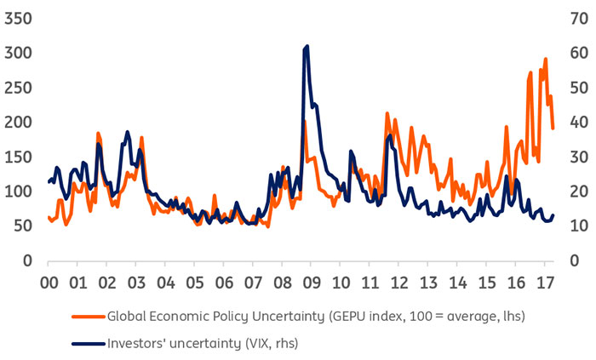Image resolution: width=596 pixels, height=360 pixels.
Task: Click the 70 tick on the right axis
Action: click(x=576, y=18)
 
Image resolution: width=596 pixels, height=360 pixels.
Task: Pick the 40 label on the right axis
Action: click(x=576, y=122)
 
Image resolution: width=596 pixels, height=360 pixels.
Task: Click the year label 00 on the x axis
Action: click(x=49, y=281)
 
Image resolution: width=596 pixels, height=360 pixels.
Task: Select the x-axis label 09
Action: click(x=311, y=281)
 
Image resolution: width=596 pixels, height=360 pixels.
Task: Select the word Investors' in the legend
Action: click(x=140, y=342)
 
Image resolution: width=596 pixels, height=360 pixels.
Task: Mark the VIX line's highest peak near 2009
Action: click(x=307, y=46)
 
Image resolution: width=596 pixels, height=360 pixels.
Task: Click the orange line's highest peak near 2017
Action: click(x=546, y=59)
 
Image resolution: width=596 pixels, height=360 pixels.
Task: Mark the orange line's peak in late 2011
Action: click(x=387, y=113)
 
